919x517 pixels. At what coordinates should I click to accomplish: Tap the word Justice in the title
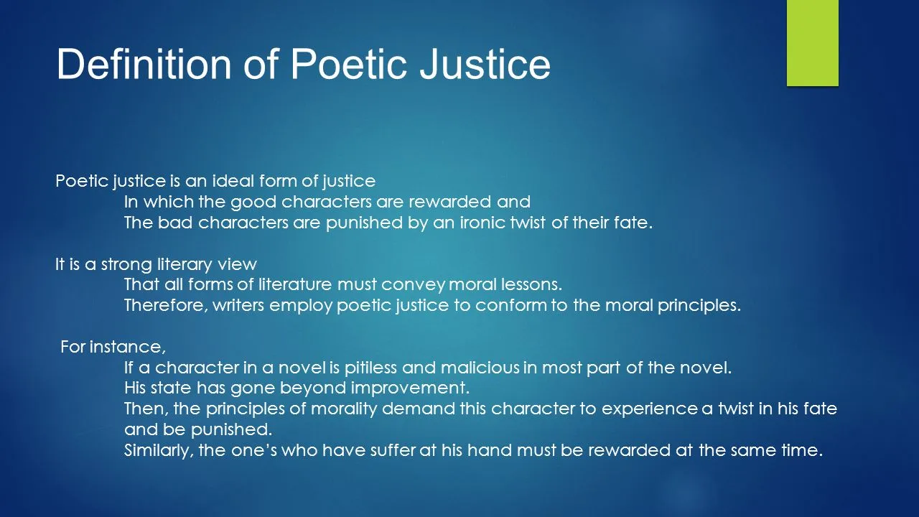pyautogui.click(x=485, y=64)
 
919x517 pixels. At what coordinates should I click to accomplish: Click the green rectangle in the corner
pyautogui.click(x=812, y=43)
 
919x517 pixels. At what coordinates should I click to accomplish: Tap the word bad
pyautogui.click(x=175, y=223)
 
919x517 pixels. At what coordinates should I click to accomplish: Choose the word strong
pyautogui.click(x=126, y=265)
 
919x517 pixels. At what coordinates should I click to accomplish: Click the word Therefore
pyautogui.click(x=166, y=305)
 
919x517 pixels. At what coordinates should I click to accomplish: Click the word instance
pyautogui.click(x=128, y=347)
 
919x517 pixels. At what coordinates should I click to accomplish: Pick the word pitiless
pyautogui.click(x=370, y=368)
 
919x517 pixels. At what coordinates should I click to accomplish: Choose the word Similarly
pyautogui.click(x=159, y=450)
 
